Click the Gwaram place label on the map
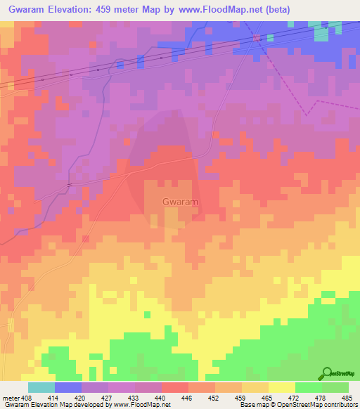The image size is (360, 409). tap(180, 202)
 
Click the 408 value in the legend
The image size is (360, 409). tap(27, 397)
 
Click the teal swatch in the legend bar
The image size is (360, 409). tap(41, 387)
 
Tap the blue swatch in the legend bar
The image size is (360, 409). tap(68, 387)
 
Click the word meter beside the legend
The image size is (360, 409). tap(11, 397)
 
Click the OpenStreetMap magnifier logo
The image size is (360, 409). tap(326, 373)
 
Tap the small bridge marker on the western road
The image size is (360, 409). tap(69, 184)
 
